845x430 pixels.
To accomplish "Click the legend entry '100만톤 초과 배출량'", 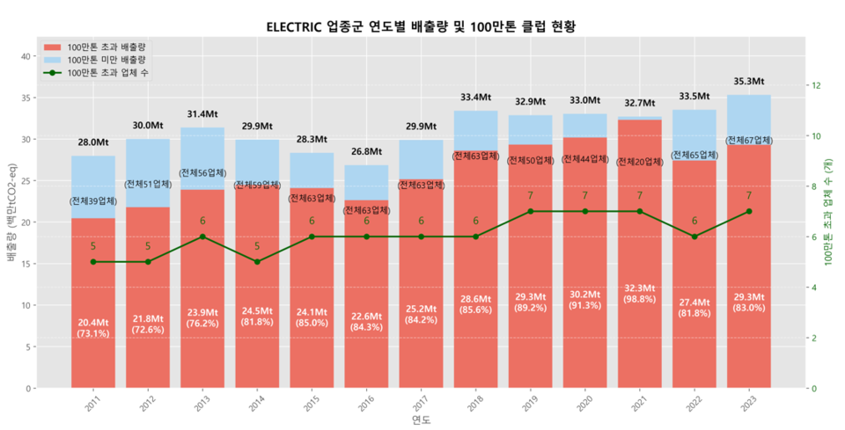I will tap(106, 46).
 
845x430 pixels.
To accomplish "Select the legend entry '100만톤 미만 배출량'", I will tap(106, 59).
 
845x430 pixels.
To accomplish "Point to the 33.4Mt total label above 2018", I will tap(475, 98).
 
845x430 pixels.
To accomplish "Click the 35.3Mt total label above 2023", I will tap(749, 82).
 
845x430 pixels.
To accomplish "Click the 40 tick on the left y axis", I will tap(28, 56).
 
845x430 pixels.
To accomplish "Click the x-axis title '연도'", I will tap(421, 421).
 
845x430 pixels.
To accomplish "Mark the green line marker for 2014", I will tap(257, 262).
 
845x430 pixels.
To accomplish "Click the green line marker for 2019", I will tap(530, 212).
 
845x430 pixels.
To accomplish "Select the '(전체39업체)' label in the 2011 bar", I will tap(93, 202).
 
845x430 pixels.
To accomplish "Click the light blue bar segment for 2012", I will tap(148, 172).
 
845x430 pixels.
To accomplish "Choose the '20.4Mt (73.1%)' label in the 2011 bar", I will tap(93, 328).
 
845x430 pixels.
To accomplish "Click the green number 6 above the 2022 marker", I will tap(694, 222).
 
